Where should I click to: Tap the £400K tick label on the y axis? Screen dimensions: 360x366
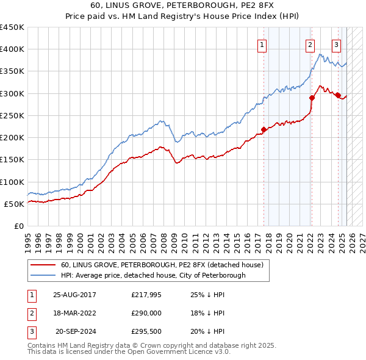12,49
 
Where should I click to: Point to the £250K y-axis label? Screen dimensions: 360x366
12,116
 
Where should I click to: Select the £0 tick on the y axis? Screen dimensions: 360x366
19,226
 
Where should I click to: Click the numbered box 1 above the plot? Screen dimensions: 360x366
262,44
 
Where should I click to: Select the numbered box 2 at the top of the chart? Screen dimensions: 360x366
310,44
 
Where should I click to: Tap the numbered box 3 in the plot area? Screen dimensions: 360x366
336,44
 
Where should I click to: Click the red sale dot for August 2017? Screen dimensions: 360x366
264,129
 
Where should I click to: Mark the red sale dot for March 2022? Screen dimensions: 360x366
312,98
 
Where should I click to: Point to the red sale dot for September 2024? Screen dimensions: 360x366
338,95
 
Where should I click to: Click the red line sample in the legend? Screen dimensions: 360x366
43,265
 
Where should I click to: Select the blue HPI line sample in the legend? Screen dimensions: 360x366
43,275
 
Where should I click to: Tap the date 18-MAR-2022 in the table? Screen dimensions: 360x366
75,313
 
